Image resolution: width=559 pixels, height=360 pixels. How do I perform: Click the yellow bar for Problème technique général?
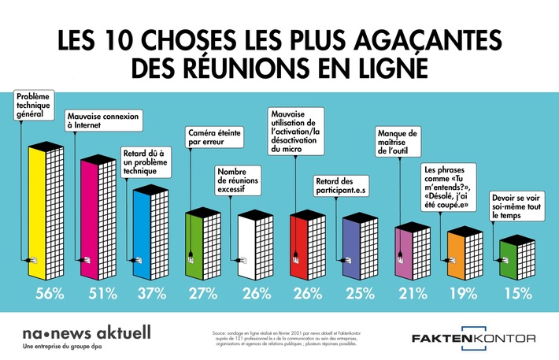pyautogui.click(x=36, y=213)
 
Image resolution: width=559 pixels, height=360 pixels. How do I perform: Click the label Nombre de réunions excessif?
pyautogui.click(x=241, y=184)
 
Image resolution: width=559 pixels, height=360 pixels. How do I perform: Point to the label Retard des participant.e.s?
pyautogui.click(x=345, y=185)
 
